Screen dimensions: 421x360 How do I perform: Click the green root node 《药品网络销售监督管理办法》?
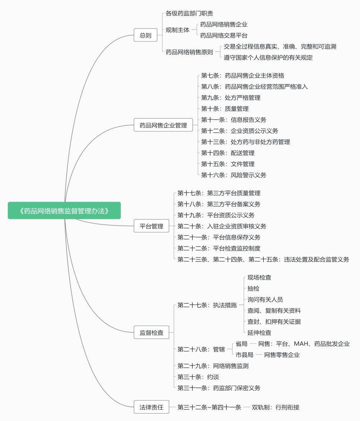pos(64,211)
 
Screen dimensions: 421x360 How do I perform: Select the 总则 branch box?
pos(146,35)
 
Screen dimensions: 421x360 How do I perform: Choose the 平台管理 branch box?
pos(151,226)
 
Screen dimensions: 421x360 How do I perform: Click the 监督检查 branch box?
pos(151,333)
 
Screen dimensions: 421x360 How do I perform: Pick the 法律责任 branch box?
pos(151,407)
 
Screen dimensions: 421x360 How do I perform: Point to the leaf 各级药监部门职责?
pos(189,13)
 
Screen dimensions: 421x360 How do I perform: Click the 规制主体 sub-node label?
pos(177,30)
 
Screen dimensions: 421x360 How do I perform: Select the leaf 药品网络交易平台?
pos(224,35)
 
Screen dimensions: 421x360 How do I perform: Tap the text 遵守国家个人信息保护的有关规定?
pos(268,57)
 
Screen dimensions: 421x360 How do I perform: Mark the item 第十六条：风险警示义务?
pos(234,175)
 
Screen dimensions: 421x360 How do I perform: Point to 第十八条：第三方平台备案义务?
pos(219,204)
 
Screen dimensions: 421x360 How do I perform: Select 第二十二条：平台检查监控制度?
pos(219,248)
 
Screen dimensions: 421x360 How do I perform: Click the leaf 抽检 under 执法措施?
pos(253,288)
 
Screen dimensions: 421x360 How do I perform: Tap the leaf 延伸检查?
pos(259,332)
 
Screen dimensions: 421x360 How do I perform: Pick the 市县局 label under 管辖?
pos(244,355)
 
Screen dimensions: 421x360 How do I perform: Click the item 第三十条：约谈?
pos(198,377)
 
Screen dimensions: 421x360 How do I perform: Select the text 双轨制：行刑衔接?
pos(275,407)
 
